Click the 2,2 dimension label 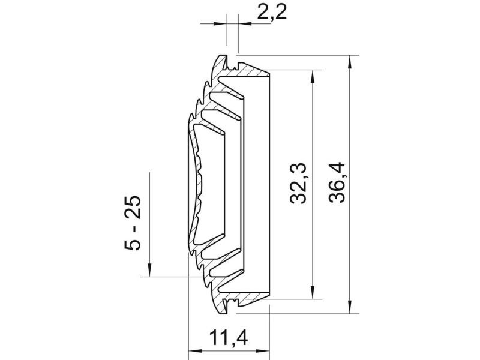point(272,13)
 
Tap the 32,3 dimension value point(298,183)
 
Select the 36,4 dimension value point(337,183)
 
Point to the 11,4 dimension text point(229,337)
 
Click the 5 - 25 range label point(133,223)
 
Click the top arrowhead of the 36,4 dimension point(350,63)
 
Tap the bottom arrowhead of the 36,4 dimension point(350,306)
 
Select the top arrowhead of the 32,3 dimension point(313,77)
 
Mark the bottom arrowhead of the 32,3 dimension point(313,292)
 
